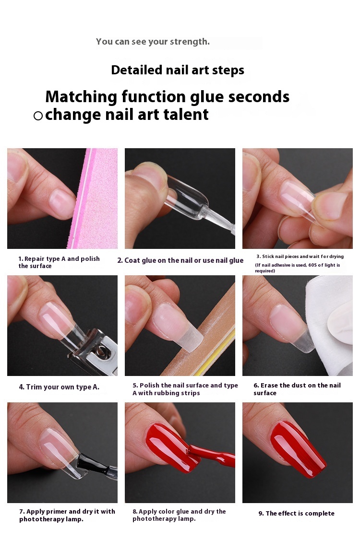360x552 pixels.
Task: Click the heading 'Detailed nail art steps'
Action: pyautogui.click(x=178, y=70)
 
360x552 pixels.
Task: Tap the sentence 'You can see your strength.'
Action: pyautogui.click(x=153, y=42)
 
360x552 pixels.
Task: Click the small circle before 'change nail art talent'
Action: pyautogui.click(x=38, y=116)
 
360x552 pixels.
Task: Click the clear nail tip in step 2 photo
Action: pyautogui.click(x=187, y=197)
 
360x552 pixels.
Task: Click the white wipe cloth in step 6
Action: pyautogui.click(x=330, y=324)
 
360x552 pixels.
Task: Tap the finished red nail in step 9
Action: pyautogui.click(x=298, y=448)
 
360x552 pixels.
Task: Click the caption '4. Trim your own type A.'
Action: pyautogui.click(x=59, y=387)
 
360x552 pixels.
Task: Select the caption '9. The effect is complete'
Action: pyautogui.click(x=297, y=513)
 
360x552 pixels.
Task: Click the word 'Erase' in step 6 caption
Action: pyautogui.click(x=269, y=385)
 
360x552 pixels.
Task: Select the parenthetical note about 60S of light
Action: pyautogui.click(x=298, y=268)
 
